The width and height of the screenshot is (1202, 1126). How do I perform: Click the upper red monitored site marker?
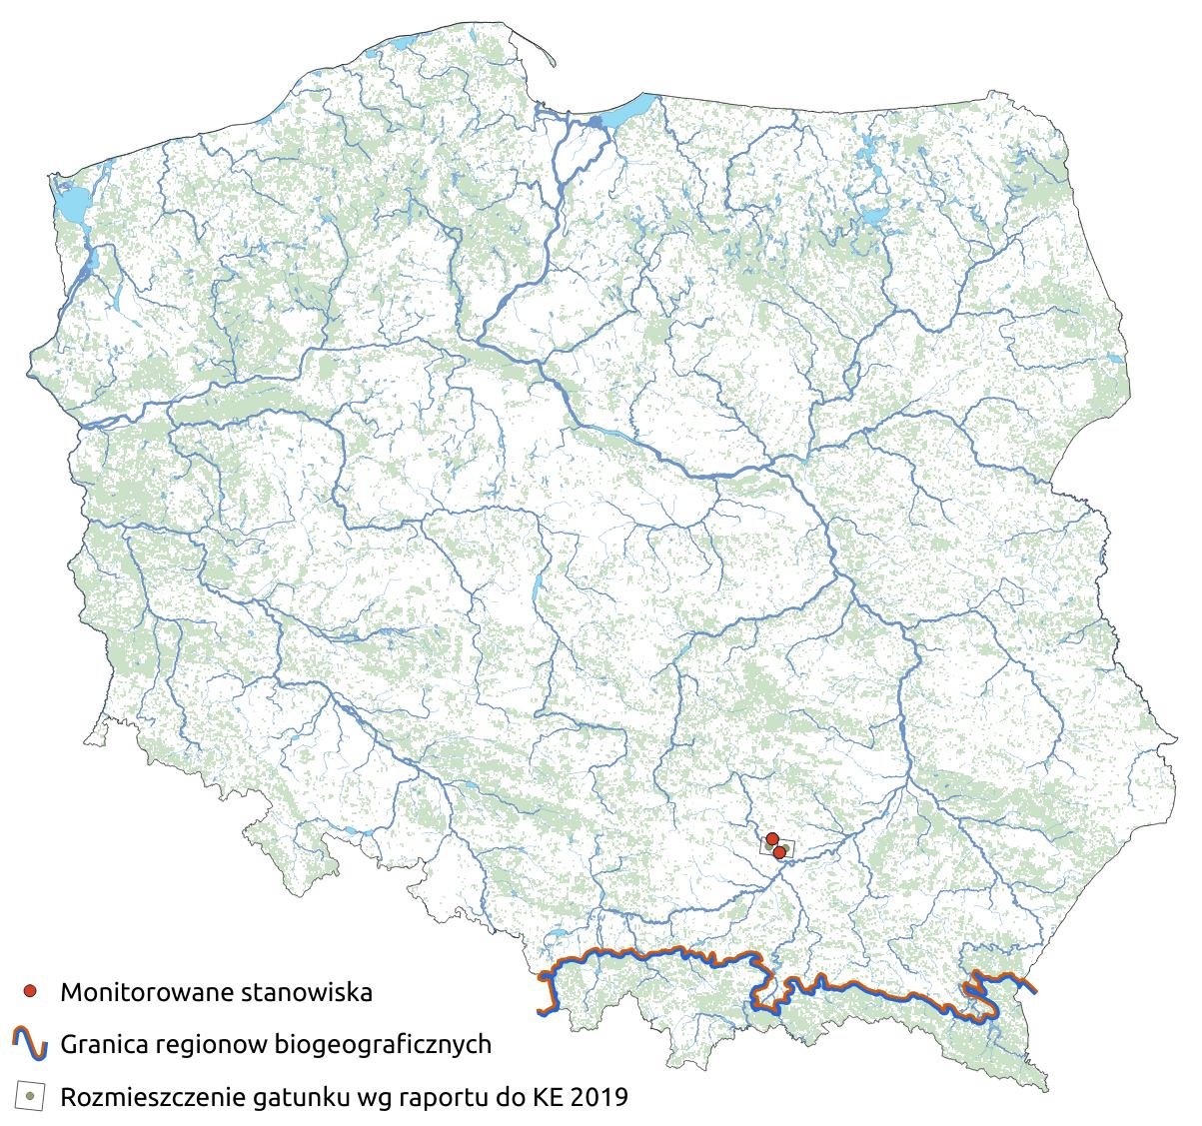click(771, 838)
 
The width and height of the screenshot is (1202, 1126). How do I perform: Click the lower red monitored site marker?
click(779, 852)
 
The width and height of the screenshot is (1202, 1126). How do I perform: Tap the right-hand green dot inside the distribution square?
click(787, 849)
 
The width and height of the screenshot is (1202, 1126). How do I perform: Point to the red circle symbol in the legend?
click(30, 992)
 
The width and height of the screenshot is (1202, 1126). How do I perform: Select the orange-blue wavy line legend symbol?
click(30, 1044)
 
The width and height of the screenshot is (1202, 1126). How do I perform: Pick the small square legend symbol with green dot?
click(30, 1096)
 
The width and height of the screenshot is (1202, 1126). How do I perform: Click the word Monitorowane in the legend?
click(134, 993)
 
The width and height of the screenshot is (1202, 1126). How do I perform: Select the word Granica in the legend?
click(98, 1045)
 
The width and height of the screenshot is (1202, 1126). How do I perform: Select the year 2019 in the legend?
click(600, 1097)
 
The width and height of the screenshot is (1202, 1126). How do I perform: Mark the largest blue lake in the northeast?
click(874, 217)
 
